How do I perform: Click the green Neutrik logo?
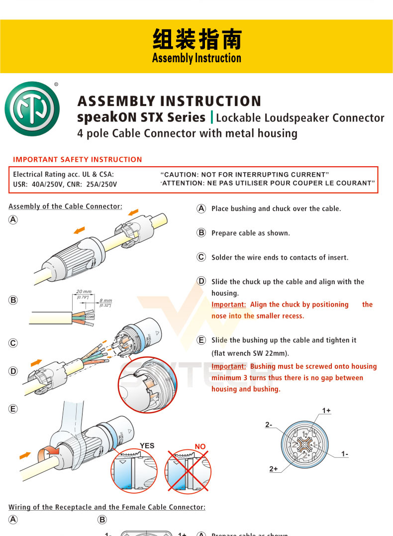[x=32, y=108]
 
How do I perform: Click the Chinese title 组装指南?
[x=196, y=40]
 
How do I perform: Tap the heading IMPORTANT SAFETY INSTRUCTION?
[x=78, y=160]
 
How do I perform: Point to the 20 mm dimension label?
[x=84, y=291]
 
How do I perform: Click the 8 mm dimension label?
[x=105, y=301]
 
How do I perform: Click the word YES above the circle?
[x=147, y=446]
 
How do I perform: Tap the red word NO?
[x=200, y=446]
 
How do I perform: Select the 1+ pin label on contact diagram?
[x=326, y=411]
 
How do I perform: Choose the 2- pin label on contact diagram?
[x=269, y=425]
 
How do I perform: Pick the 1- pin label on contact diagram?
[x=345, y=453]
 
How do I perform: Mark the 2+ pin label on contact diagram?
[x=274, y=469]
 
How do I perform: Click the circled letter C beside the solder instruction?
[x=201, y=257]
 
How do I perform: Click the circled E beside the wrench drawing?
[x=13, y=409]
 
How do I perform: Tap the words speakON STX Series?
[x=141, y=117]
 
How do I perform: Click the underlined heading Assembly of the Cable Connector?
[x=65, y=206]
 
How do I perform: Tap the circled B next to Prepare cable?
[x=201, y=233]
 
